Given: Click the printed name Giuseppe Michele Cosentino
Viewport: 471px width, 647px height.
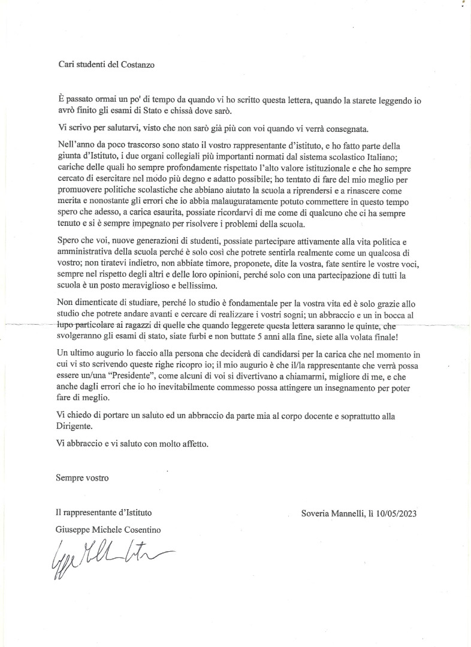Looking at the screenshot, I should tap(108, 530).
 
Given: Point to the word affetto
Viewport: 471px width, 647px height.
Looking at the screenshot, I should tap(196, 445).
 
